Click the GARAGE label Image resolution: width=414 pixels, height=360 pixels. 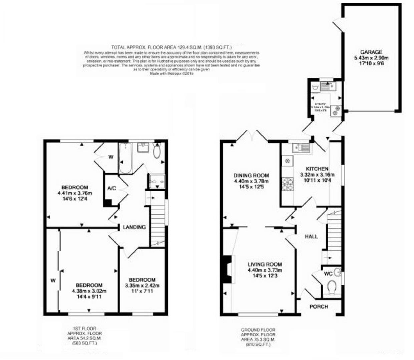(371, 52)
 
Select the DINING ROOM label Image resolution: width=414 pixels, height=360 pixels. (251, 176)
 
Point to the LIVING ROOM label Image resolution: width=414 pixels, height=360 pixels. (265, 264)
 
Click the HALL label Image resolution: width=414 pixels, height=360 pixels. (311, 236)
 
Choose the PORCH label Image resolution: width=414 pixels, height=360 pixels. (319, 306)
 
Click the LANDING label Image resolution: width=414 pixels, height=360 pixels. (134, 227)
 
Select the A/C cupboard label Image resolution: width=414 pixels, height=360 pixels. (111, 188)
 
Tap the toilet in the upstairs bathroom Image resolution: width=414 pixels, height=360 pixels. (157, 152)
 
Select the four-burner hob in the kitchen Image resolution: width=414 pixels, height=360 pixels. (288, 184)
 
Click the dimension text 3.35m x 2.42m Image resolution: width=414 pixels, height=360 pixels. (142, 285)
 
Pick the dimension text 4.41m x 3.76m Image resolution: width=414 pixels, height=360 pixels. (75, 193)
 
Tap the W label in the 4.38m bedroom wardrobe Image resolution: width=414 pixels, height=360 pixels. (53, 280)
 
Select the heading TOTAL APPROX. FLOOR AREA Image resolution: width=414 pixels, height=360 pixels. (171, 47)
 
